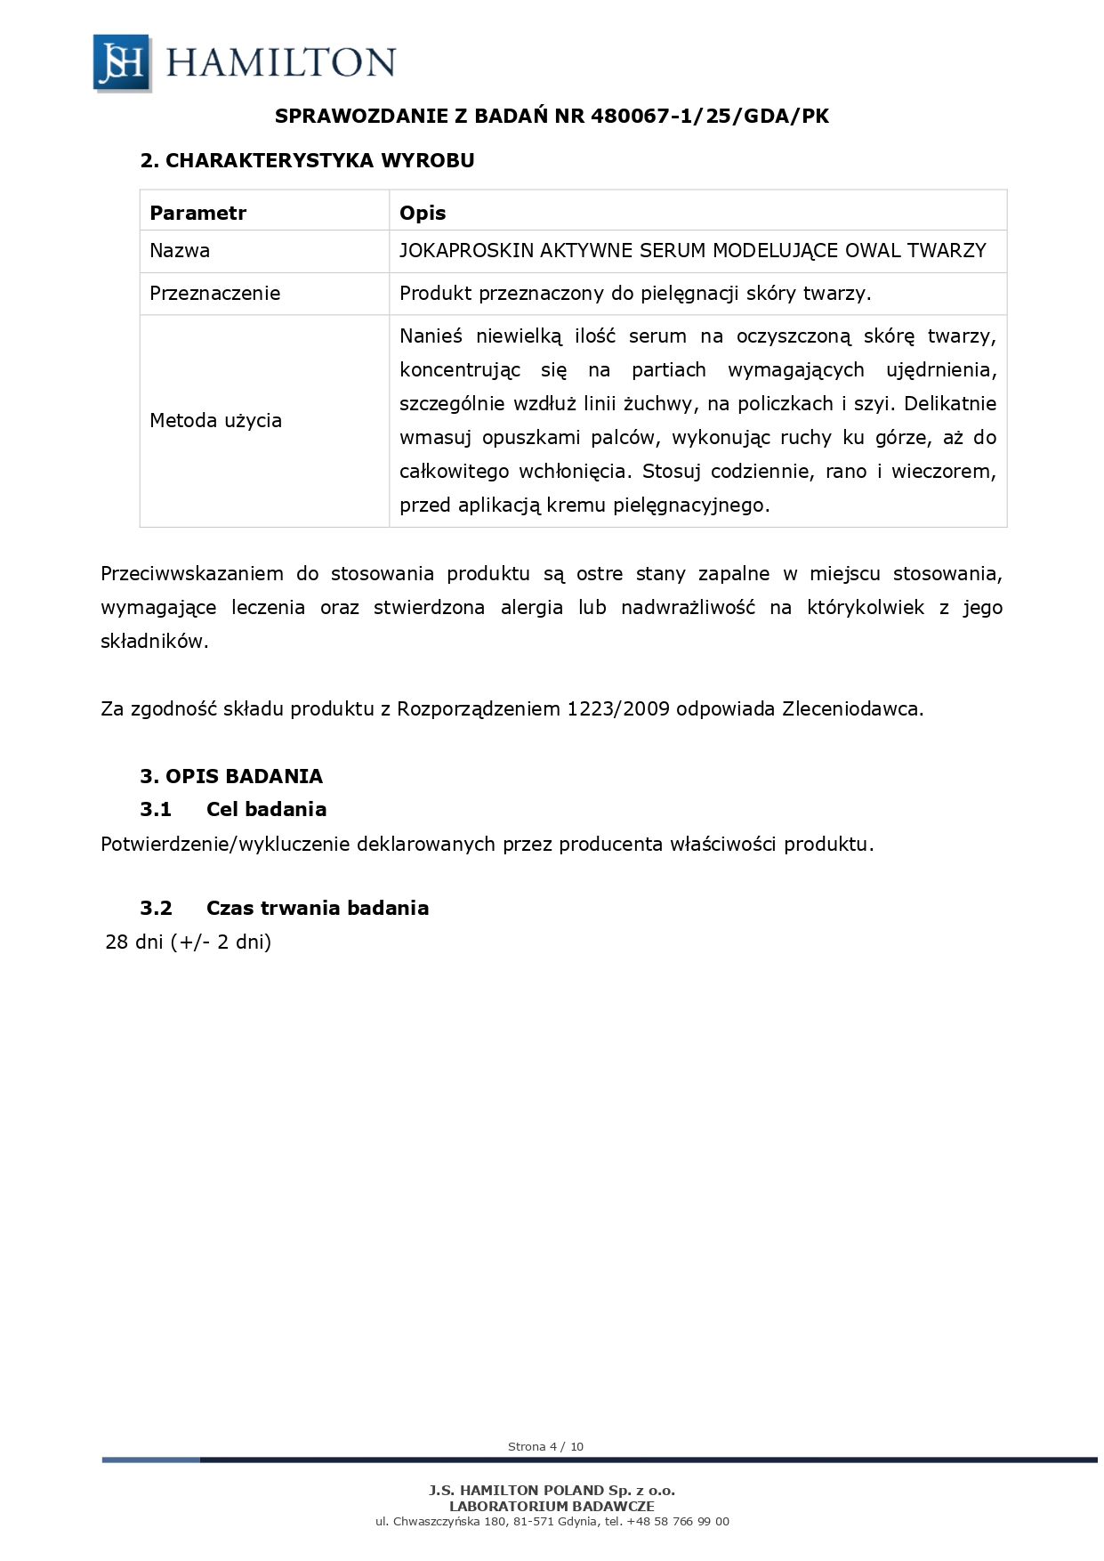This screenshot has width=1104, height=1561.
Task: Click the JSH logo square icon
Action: (x=122, y=62)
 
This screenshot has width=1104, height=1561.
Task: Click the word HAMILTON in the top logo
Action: (x=280, y=63)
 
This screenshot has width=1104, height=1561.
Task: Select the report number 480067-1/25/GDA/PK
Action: (x=709, y=116)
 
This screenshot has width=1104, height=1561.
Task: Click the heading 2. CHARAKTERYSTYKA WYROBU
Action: (x=307, y=160)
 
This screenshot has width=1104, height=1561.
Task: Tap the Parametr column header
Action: (x=197, y=213)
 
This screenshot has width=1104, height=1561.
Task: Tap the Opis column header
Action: (x=423, y=213)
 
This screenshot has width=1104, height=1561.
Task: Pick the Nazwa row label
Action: (x=180, y=250)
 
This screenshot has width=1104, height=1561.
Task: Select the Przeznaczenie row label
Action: (x=214, y=293)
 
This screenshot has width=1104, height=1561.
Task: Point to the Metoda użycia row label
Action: (x=215, y=420)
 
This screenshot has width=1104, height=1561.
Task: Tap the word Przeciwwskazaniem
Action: (x=191, y=574)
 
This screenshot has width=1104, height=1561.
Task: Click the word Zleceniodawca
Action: (x=852, y=709)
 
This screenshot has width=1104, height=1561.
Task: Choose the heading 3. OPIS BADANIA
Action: (x=231, y=776)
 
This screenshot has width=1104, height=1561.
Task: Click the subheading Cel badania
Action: (x=266, y=809)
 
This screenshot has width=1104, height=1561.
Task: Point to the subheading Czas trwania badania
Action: (x=317, y=908)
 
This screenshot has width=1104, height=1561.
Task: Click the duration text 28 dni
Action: (x=134, y=942)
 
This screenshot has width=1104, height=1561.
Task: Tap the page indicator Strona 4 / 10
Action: (x=545, y=1446)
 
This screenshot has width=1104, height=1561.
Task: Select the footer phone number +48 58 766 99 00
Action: (x=678, y=1521)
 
